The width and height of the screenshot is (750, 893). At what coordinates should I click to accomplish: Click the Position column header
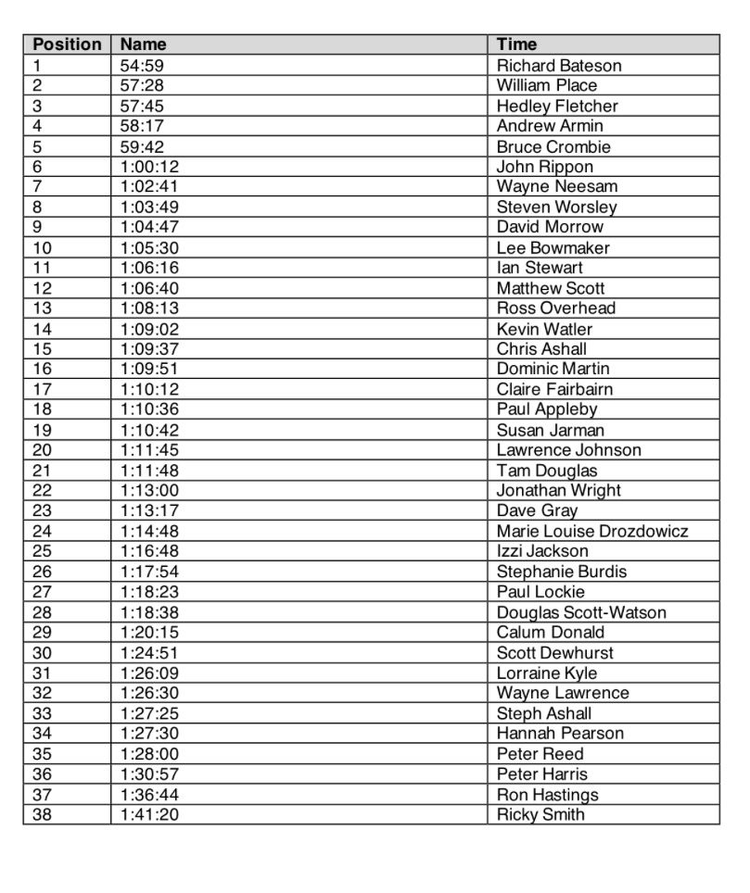[67, 44]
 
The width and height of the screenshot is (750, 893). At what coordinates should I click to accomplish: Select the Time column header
[516, 44]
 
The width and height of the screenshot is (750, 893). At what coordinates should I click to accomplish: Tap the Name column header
[144, 44]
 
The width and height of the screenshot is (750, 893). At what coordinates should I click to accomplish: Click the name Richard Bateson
[559, 65]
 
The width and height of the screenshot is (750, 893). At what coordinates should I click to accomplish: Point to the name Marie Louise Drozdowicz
[592, 531]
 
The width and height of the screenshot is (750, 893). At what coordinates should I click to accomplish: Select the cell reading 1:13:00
[150, 490]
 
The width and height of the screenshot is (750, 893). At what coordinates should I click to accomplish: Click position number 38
[43, 814]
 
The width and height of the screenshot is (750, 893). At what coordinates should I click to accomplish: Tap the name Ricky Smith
[540, 814]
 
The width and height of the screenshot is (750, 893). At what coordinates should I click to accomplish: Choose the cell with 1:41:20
[150, 814]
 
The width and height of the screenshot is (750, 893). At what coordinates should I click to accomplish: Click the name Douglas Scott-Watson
[581, 611]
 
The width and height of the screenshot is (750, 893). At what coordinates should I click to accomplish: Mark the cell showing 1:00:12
[150, 167]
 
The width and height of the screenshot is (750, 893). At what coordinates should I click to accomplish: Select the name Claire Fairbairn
[554, 389]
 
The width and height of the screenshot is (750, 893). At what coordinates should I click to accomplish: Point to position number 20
[43, 450]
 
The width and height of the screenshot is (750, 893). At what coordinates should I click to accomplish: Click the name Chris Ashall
[541, 348]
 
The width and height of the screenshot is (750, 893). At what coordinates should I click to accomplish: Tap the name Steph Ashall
[544, 713]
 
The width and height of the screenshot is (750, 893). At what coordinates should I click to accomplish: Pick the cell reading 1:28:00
[150, 753]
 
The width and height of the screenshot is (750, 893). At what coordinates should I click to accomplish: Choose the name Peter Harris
[542, 774]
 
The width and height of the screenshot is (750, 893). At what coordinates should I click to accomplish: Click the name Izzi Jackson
[542, 551]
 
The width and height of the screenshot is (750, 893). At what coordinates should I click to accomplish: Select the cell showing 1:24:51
[150, 652]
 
